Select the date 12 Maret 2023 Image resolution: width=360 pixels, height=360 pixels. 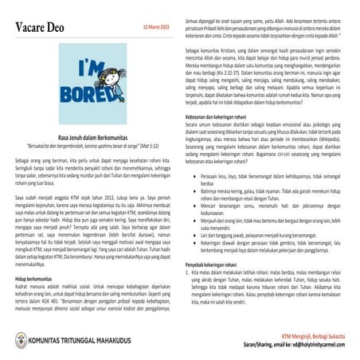[x=157, y=26]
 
